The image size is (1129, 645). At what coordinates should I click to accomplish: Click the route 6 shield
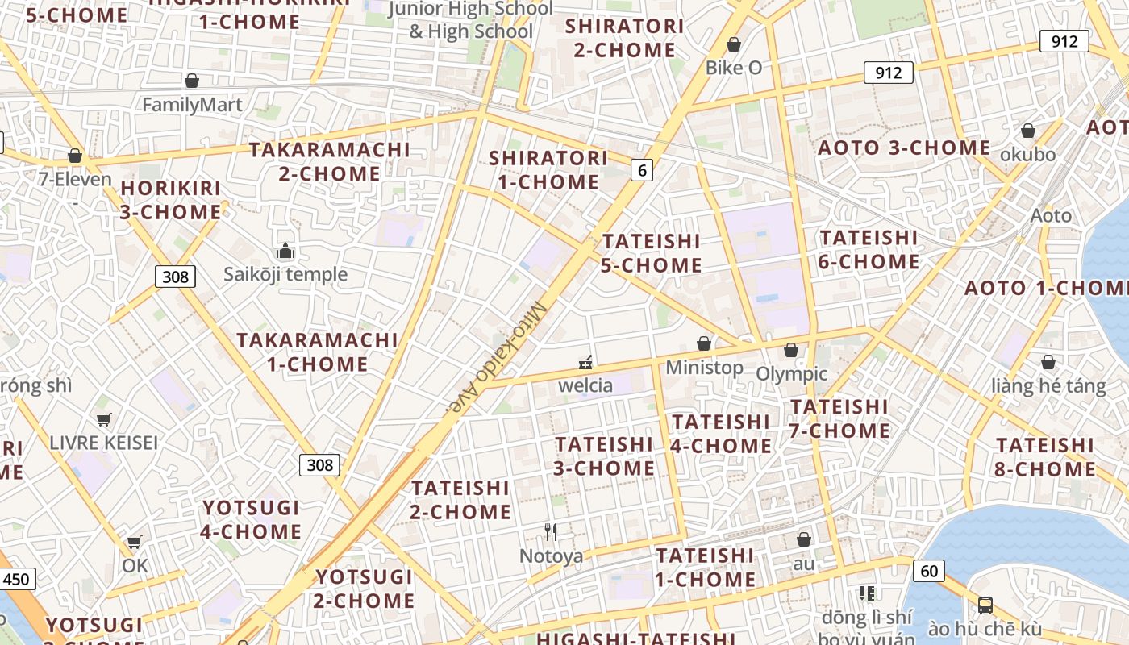[641, 170]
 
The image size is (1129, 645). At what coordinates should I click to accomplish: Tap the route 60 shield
[929, 571]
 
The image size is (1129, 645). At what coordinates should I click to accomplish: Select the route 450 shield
[15, 579]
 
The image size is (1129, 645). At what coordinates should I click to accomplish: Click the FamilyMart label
[192, 105]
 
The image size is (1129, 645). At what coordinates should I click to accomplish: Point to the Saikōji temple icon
[285, 252]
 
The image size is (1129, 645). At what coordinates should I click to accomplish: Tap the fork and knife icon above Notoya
[551, 531]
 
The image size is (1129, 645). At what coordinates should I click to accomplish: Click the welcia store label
[585, 385]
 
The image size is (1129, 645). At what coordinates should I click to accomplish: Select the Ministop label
[704, 368]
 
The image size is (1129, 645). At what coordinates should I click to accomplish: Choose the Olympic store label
[791, 373]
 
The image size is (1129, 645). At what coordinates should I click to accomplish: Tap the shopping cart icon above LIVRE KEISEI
[103, 419]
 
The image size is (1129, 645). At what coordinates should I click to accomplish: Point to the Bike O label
[734, 68]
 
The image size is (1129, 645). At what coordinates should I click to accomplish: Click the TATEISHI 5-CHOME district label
[652, 253]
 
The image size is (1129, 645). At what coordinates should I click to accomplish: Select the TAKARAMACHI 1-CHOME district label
[317, 352]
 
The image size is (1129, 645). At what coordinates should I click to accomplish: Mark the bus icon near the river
[985, 605]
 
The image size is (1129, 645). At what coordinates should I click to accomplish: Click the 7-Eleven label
[75, 179]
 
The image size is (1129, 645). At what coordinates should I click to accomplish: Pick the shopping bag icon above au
[803, 539]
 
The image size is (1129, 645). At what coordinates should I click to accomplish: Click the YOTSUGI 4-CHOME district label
[251, 520]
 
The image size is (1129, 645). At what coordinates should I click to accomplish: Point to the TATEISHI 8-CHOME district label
[1046, 457]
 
